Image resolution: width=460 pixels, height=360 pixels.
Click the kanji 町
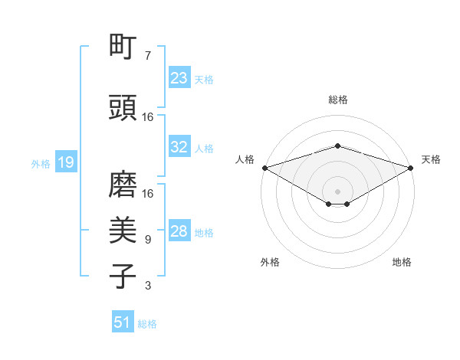[x=123, y=47]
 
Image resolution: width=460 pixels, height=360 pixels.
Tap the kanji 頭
[x=123, y=109]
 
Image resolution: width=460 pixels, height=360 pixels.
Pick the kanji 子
[x=123, y=277]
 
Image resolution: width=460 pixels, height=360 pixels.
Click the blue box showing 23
[x=179, y=78]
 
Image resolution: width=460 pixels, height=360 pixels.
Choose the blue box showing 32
[x=179, y=147]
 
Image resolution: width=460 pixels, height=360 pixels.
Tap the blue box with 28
[x=179, y=231]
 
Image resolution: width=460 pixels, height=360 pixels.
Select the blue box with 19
[x=65, y=162]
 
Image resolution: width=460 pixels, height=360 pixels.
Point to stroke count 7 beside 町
[x=148, y=56]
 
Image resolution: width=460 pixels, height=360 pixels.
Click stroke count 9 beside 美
[x=148, y=240]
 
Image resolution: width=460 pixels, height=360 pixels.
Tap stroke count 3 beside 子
[x=148, y=286]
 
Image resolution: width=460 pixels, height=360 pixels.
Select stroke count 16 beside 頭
[x=148, y=117]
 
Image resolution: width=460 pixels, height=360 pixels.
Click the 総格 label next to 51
[x=147, y=324]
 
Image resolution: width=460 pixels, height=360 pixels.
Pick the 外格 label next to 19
[x=41, y=163]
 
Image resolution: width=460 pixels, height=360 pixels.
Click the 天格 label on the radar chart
[x=431, y=159]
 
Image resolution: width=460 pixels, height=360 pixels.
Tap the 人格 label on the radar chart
[x=245, y=159]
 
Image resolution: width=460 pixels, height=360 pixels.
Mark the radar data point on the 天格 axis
[x=412, y=167]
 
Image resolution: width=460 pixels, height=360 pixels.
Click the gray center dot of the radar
[x=338, y=191]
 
